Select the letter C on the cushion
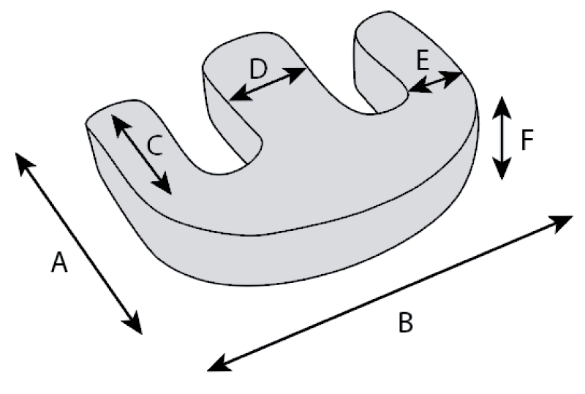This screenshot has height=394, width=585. point(154,146)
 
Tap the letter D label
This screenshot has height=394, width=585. point(259,69)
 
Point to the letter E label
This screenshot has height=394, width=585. point(422,61)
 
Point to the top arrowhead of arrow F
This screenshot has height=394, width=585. point(501,104)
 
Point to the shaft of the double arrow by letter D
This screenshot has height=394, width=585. point(268,83)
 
